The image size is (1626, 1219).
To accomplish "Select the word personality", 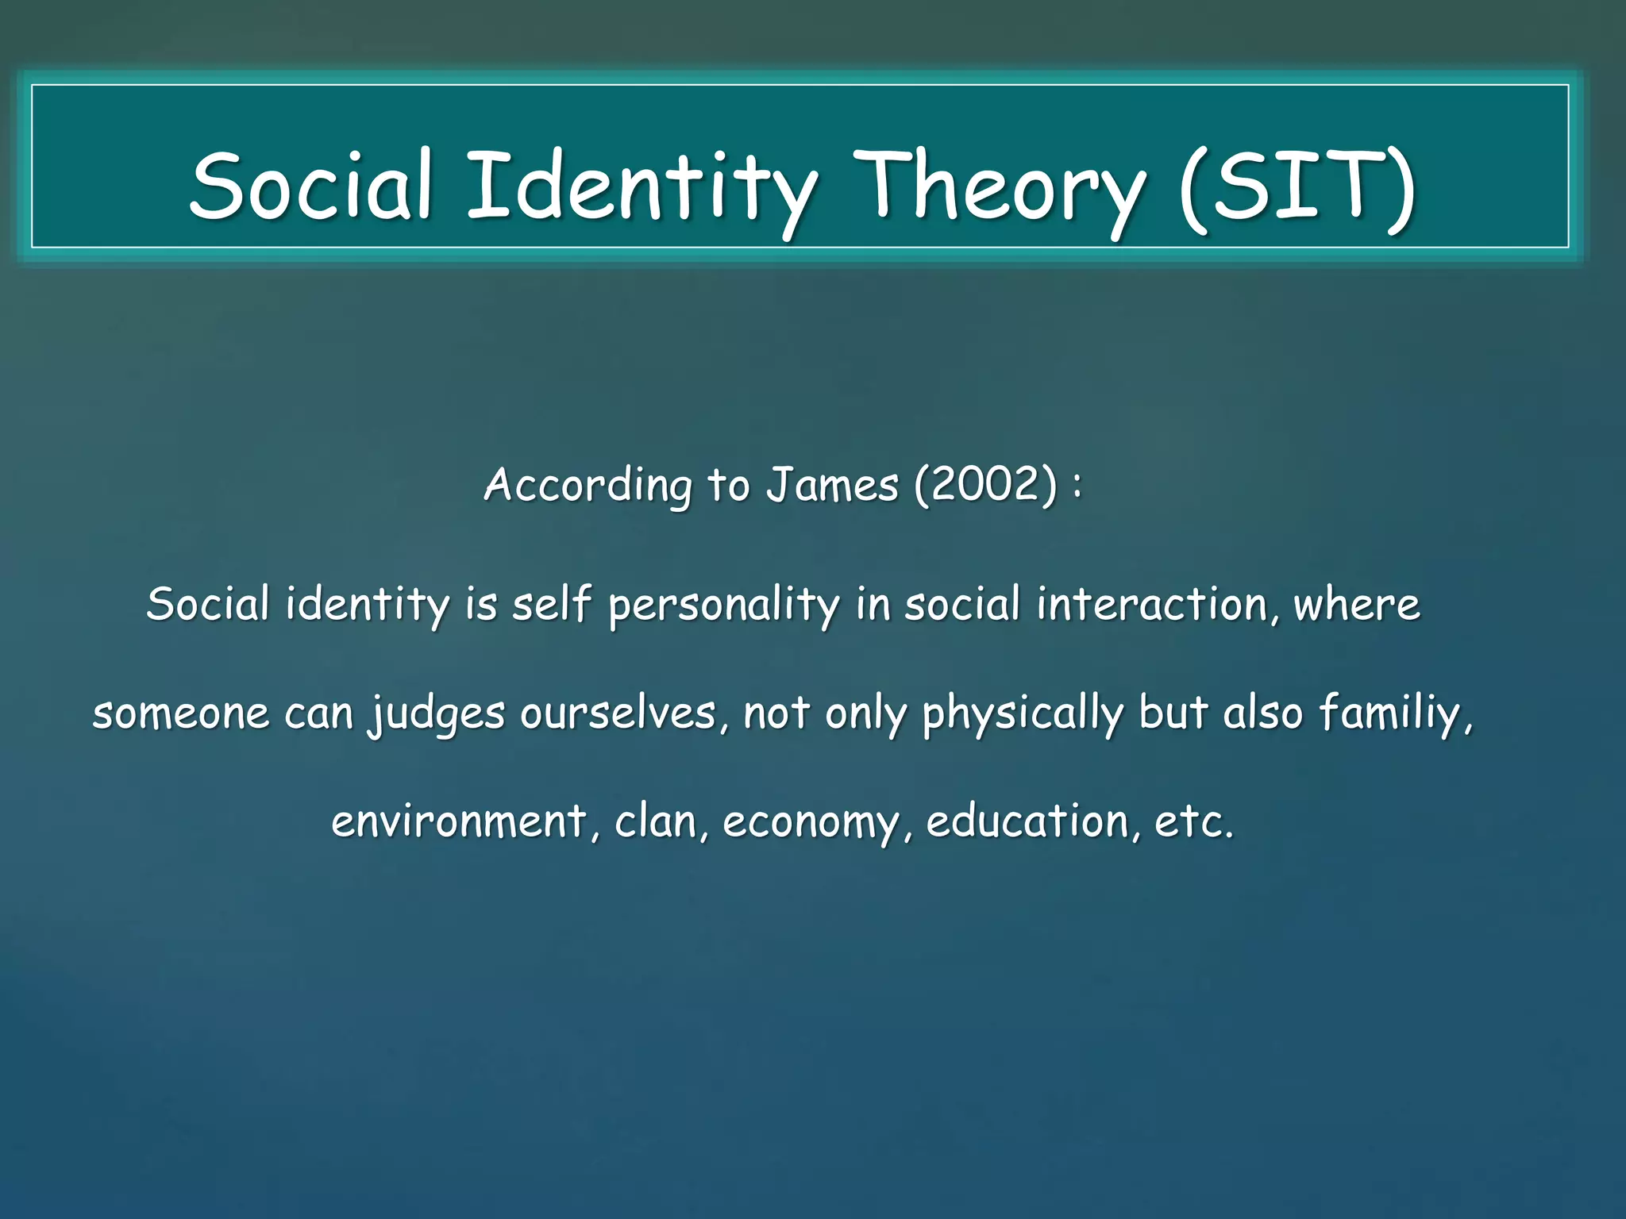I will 723,606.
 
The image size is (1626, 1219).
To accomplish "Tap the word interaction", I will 1158,606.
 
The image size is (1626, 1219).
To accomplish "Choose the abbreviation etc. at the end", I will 1193,821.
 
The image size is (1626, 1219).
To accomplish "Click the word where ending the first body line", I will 1357,606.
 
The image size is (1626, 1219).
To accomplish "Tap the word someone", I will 181,713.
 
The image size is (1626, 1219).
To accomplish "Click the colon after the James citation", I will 1077,486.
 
